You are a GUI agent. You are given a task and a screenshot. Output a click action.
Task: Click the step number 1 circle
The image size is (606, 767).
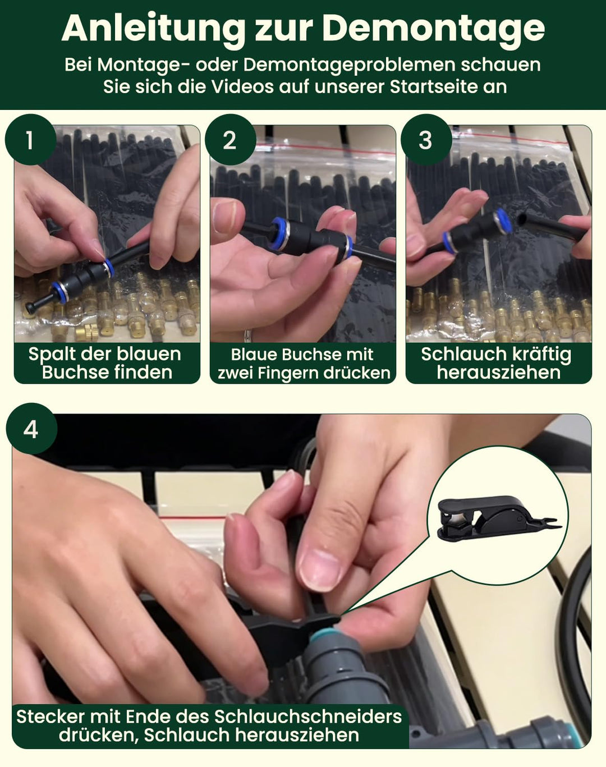coord(30,140)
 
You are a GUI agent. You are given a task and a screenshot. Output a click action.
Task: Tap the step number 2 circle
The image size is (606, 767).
coord(230,140)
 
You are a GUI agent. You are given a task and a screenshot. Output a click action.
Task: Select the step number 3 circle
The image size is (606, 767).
coord(426,140)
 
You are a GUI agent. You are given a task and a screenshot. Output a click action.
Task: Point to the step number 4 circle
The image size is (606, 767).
coord(31,429)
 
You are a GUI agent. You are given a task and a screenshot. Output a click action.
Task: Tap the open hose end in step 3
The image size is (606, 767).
coord(523,217)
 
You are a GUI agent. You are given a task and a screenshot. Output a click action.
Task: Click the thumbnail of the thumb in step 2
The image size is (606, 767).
coord(226,212)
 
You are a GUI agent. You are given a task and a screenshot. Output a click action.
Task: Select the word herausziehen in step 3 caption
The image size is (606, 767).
coord(499,373)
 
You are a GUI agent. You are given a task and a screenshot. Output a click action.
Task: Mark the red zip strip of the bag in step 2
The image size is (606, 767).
coord(326,149)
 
